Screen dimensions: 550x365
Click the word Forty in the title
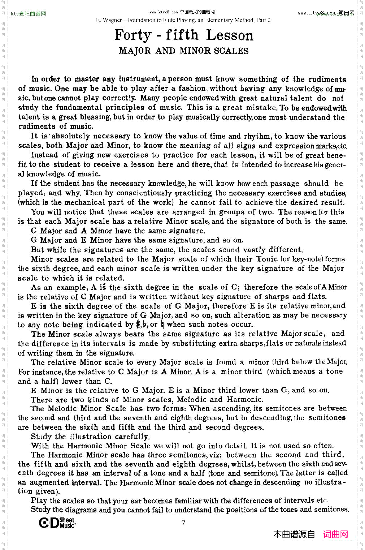pos(132,35)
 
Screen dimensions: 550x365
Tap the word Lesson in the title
pos(230,35)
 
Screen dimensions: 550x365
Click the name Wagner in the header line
pos(112,20)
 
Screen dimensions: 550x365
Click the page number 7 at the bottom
pos(183,523)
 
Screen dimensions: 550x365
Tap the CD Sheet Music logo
pos(57,523)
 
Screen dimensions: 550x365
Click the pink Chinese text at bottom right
pos(335,534)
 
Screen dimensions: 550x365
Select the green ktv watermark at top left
pos(28,14)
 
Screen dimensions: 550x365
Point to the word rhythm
pos(257,136)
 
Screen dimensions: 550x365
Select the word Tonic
pos(266,259)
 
